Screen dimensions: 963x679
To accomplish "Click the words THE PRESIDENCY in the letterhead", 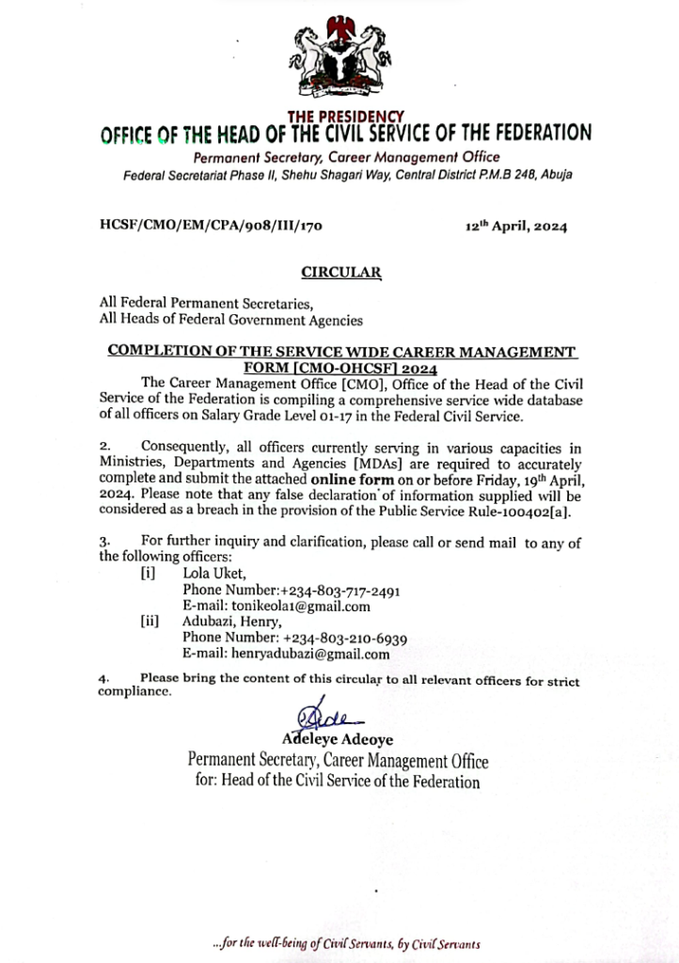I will click(x=346, y=117).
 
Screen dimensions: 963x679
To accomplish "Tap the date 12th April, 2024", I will click(x=515, y=227).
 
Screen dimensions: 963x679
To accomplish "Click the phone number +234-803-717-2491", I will click(x=341, y=591).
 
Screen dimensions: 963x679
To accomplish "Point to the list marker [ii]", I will click(x=149, y=622).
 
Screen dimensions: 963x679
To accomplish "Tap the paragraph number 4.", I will click(x=103, y=678).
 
